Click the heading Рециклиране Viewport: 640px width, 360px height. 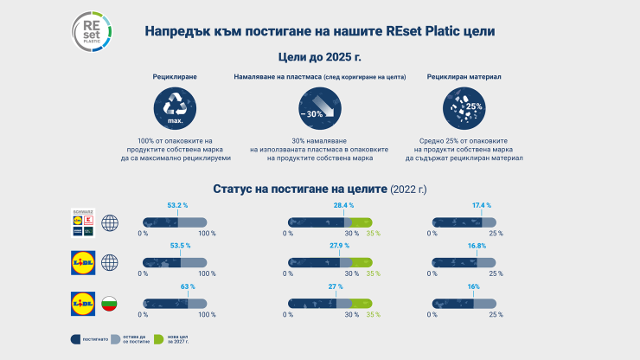[x=175, y=77]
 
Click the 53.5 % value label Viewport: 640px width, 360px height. [x=178, y=246]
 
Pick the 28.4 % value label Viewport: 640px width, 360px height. [x=344, y=206]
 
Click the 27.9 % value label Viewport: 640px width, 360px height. [x=341, y=246]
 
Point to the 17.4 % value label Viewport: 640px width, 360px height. [x=481, y=206]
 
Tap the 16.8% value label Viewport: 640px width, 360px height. [x=477, y=246]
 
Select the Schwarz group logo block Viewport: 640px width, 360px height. [x=83, y=223]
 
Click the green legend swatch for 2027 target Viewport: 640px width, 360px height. [x=158, y=339]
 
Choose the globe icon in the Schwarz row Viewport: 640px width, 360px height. [x=110, y=223]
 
